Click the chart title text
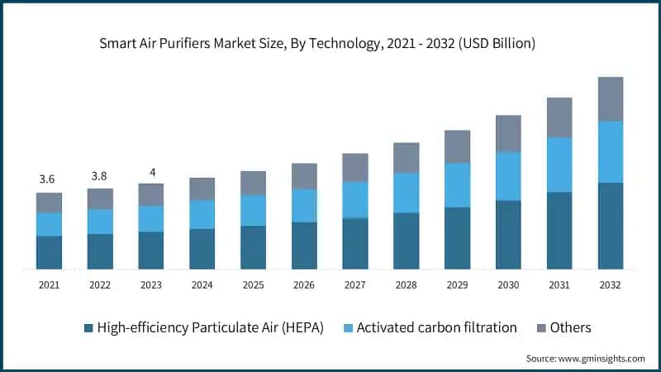[330, 43]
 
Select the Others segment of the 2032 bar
[610, 99]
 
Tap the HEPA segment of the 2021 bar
[49, 252]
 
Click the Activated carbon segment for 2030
[508, 176]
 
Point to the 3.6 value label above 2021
[49, 179]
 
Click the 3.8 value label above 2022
[100, 175]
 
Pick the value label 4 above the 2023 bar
[150, 171]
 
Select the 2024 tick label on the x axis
[202, 284]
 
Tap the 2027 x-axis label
[354, 284]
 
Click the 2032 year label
[610, 284]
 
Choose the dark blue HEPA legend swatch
[88, 328]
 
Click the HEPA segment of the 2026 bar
[304, 245]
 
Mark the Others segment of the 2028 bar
[406, 158]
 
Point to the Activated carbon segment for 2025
[253, 210]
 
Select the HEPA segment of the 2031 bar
[559, 230]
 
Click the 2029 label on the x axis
[457, 284]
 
